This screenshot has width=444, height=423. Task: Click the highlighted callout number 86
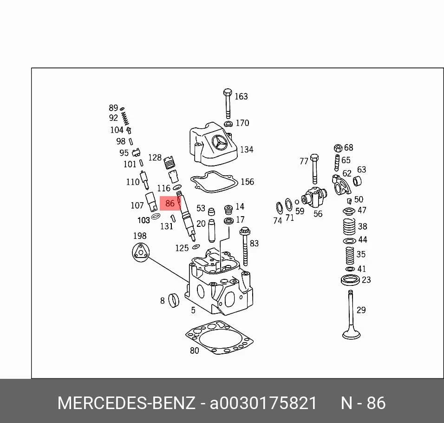[170, 204]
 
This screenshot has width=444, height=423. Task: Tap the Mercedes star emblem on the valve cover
[220, 143]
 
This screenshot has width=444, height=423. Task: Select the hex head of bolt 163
[228, 93]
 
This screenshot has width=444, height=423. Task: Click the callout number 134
[247, 150]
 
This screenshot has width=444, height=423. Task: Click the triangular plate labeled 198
[140, 252]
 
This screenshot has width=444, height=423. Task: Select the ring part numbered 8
[174, 301]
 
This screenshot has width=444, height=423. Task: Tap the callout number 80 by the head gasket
[194, 351]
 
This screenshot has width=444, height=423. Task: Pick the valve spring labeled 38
[349, 226]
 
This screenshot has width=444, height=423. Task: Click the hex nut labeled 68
[338, 148]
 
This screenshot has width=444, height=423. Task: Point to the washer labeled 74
[279, 208]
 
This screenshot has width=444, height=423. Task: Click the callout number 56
[318, 214]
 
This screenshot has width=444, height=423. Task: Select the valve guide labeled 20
[212, 231]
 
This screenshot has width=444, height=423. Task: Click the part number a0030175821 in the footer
[263, 403]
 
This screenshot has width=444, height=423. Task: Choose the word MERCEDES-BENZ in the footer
[126, 403]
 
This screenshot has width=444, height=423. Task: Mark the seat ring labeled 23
[350, 280]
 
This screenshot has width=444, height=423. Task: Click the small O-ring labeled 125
[196, 247]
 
